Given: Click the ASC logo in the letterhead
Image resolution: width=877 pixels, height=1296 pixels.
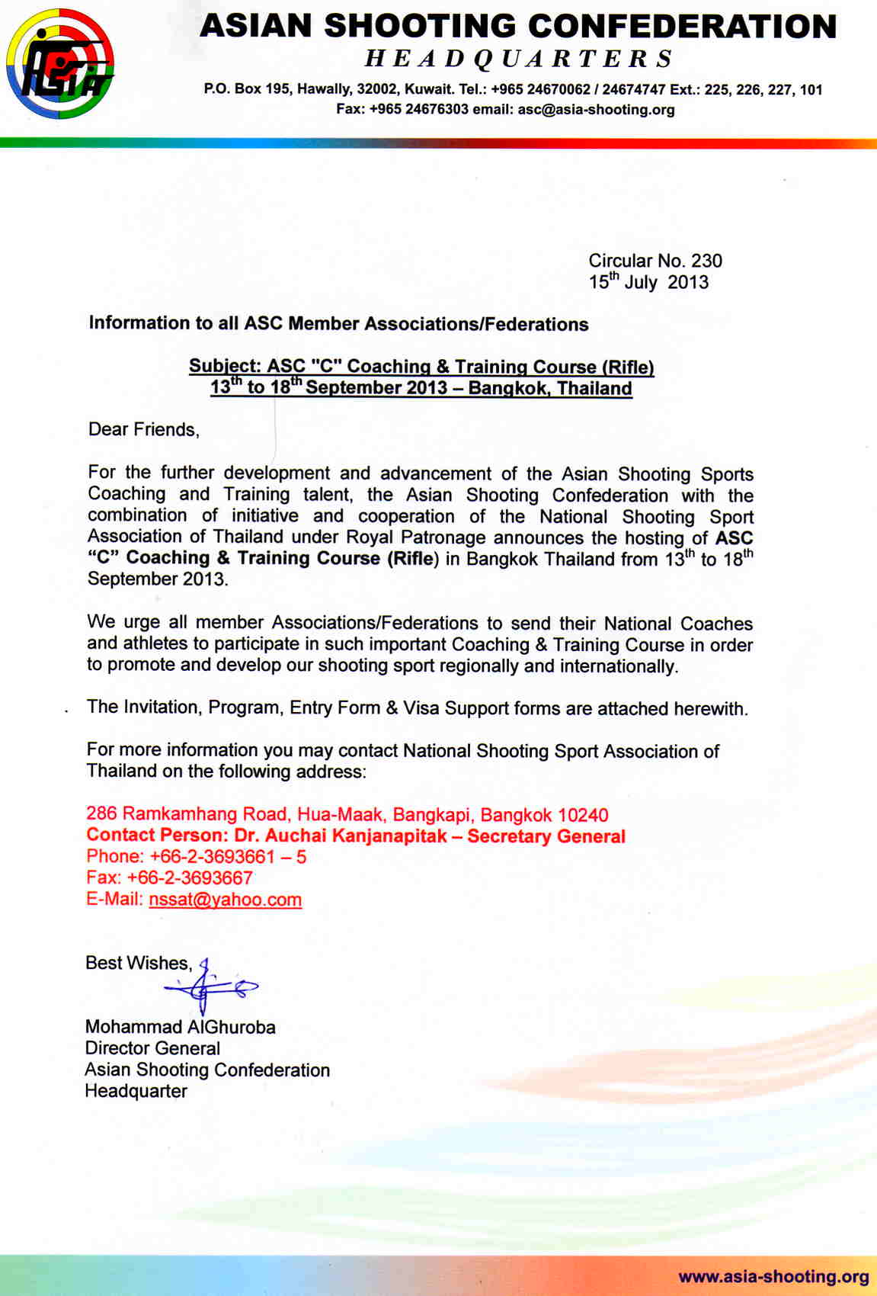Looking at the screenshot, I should tap(60, 64).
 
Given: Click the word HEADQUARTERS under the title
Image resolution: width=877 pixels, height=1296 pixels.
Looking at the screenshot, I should tap(519, 59).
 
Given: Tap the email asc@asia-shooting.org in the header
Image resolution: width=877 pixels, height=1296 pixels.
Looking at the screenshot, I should tap(596, 110).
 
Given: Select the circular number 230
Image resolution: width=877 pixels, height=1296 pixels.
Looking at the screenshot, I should tap(706, 261).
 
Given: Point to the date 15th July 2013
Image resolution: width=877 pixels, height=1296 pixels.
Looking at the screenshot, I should tap(648, 282).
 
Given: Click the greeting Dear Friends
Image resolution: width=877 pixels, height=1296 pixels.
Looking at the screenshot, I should tap(143, 429).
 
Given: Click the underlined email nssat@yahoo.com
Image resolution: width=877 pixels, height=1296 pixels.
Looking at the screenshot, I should tap(226, 900).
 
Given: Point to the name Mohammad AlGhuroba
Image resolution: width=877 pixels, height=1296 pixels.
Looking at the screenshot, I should tap(181, 1027).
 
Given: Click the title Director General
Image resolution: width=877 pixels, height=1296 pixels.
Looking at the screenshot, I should tap(152, 1048).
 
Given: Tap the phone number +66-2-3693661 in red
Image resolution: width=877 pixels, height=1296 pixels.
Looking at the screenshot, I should tap(212, 857).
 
